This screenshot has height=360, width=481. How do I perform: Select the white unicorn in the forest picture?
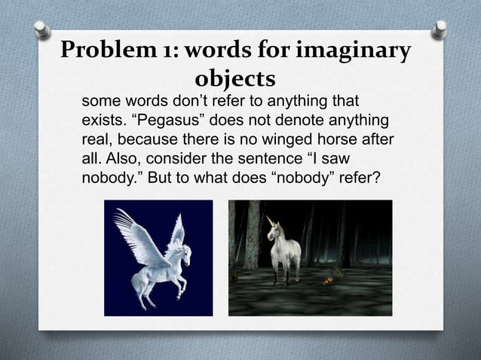pos(283,249)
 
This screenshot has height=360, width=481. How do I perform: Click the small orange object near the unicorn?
pos(326,281)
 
